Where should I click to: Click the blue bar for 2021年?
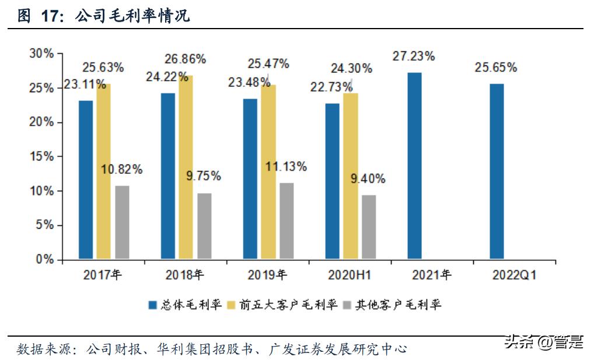click(x=414, y=166)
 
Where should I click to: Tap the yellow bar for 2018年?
click(x=186, y=167)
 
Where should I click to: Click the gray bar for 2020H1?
click(x=369, y=226)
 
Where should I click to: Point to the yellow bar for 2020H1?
click(x=351, y=176)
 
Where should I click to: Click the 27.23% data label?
click(x=414, y=57)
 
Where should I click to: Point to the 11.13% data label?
click(x=285, y=166)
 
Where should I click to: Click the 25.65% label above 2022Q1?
click(x=495, y=68)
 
